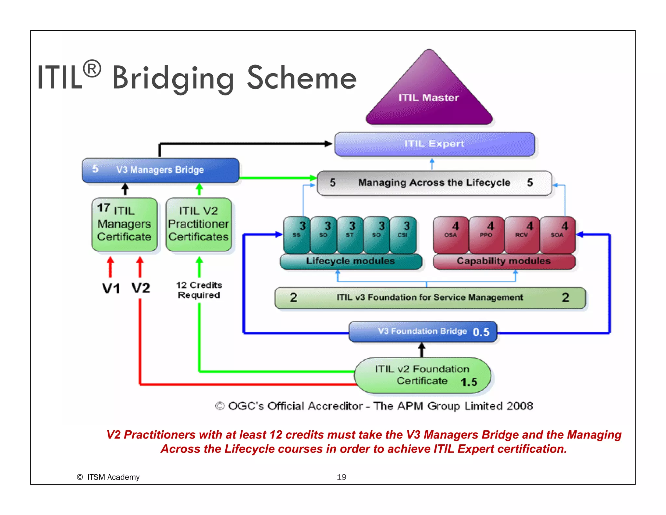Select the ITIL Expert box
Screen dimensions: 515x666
click(434, 144)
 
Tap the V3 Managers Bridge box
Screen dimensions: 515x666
click(160, 170)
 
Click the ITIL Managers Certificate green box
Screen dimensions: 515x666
click(125, 225)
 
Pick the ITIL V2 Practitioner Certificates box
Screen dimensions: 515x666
click(199, 225)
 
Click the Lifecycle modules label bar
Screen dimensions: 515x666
click(351, 261)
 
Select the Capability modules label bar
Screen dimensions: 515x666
click(504, 261)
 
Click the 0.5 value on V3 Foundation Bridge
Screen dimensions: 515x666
click(481, 332)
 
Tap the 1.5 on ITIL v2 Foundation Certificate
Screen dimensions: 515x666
click(469, 382)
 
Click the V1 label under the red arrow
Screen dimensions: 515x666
click(111, 288)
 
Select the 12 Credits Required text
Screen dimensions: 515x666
click(199, 290)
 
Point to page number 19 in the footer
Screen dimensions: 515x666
click(341, 477)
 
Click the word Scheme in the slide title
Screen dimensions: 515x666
click(302, 78)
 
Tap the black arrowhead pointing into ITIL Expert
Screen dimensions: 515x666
click(328, 144)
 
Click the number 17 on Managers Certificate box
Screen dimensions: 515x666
click(103, 207)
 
